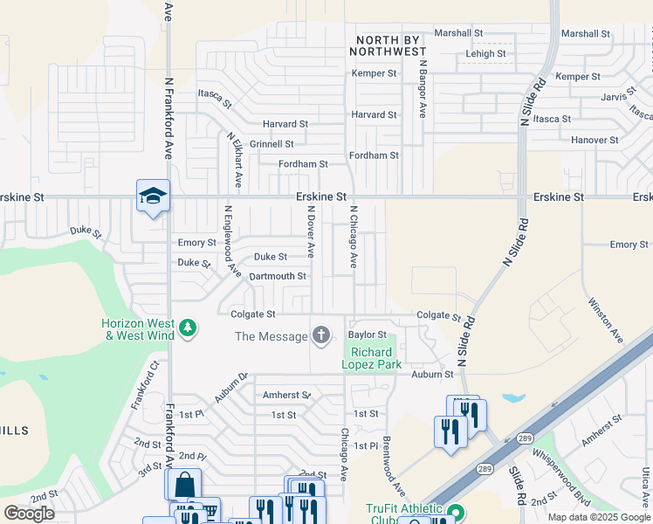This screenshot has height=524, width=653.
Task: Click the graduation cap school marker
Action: pos(153,196)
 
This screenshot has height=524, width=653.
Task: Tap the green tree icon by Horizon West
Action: pos(187,328)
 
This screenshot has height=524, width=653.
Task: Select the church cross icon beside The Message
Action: pos(321,335)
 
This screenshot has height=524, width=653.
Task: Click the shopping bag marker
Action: pos(183,484)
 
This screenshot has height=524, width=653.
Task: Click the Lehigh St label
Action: pos(485,54)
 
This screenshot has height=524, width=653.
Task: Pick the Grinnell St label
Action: pos(272,144)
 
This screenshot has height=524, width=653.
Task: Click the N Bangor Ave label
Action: pos(422,88)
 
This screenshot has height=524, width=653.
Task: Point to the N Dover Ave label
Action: pos(309,231)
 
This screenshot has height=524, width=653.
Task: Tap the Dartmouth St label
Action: pos(278,276)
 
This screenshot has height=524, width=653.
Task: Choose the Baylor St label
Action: pos(367,334)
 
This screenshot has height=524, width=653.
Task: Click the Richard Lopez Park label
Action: pos(371,358)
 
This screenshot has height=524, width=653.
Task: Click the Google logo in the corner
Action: pos(29,514)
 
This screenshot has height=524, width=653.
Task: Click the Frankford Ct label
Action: pos(146,385)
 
